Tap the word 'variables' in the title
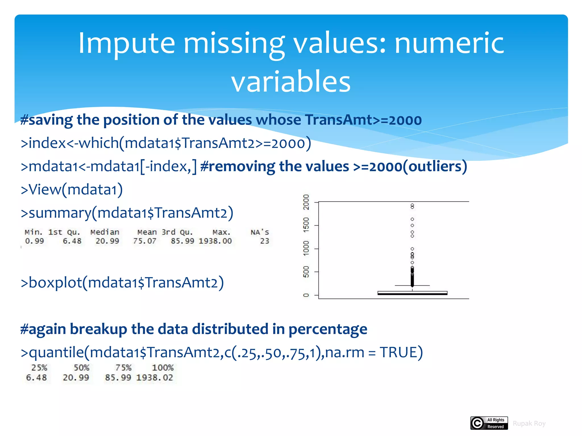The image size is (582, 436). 291,81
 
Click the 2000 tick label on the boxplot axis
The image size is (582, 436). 306,202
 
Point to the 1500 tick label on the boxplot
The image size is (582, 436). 306,225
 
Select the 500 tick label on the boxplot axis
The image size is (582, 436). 306,272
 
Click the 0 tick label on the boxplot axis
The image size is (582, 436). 306,295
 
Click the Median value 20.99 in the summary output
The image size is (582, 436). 107,241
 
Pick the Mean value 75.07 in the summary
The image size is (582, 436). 145,241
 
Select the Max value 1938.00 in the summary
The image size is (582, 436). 215,241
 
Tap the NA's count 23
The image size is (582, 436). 265,241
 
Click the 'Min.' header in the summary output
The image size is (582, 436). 34,232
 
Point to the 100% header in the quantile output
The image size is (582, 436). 163,368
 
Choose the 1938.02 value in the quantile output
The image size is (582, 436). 155,378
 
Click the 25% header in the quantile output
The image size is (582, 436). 39,368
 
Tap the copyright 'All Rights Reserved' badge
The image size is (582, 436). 489,423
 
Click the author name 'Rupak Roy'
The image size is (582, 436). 529,424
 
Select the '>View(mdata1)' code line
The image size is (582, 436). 72,189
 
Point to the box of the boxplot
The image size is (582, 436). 412,293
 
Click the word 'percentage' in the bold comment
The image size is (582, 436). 328,329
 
